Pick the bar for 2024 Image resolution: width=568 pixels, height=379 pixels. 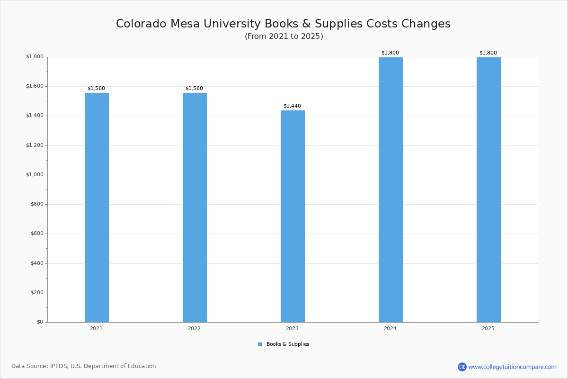[x=390, y=189]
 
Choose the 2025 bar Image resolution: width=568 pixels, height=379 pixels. [x=488, y=189]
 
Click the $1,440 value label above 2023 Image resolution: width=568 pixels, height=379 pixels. [x=292, y=106]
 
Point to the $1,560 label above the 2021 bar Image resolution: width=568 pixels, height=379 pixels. [x=96, y=89]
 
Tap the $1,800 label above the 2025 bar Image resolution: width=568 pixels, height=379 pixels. [x=488, y=53]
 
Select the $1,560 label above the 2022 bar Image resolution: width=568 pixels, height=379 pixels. [x=194, y=89]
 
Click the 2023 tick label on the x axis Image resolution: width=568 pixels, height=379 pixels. [x=292, y=328]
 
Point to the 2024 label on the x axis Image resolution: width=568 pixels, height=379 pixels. [x=390, y=328]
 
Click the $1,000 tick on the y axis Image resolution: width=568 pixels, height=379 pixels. [x=34, y=175]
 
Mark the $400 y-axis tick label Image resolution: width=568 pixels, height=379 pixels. [x=36, y=263]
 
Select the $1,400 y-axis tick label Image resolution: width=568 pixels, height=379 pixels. [x=34, y=116]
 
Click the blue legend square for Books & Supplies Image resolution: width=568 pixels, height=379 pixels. [x=260, y=344]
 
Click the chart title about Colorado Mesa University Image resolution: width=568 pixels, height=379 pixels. [x=283, y=24]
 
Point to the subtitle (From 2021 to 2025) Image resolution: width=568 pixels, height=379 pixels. [x=284, y=36]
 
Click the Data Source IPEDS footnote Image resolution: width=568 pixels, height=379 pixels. [x=84, y=366]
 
